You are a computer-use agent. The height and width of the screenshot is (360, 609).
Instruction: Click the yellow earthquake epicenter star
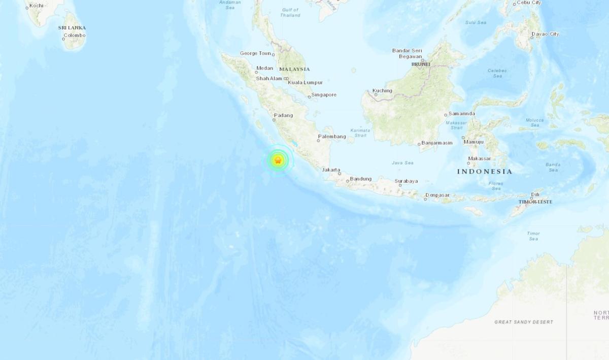tap(278, 160)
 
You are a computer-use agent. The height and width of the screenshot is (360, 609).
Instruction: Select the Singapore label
tap(324, 95)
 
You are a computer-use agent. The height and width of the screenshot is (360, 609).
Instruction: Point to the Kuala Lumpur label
tap(306, 82)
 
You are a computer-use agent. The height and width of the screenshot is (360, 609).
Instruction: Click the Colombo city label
tap(74, 35)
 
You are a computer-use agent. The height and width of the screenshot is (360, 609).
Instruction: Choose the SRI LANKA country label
tap(72, 27)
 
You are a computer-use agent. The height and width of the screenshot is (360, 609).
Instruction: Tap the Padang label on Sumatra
tap(283, 115)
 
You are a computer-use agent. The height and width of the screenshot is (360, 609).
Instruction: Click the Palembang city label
tap(331, 137)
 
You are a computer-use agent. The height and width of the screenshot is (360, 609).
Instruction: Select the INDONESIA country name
tap(485, 172)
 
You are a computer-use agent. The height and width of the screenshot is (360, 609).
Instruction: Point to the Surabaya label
tap(407, 181)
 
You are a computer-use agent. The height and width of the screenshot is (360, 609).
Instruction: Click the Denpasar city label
tap(437, 195)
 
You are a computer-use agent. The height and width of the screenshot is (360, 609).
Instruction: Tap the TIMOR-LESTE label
tap(535, 202)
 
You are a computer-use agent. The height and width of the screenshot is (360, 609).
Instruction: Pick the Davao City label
tap(545, 34)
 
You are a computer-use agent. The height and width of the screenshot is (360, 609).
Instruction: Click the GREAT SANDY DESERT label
tap(524, 322)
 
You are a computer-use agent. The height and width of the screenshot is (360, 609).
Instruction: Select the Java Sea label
tap(402, 163)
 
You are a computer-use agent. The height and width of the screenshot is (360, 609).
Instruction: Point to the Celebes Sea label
tap(494, 73)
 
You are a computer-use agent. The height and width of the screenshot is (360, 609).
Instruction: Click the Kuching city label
tap(382, 91)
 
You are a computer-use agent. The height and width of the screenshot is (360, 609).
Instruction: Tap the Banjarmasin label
tap(437, 143)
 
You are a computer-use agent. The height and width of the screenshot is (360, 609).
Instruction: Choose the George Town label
tap(256, 53)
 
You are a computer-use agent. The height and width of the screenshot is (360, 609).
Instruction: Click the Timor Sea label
tap(533, 236)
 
